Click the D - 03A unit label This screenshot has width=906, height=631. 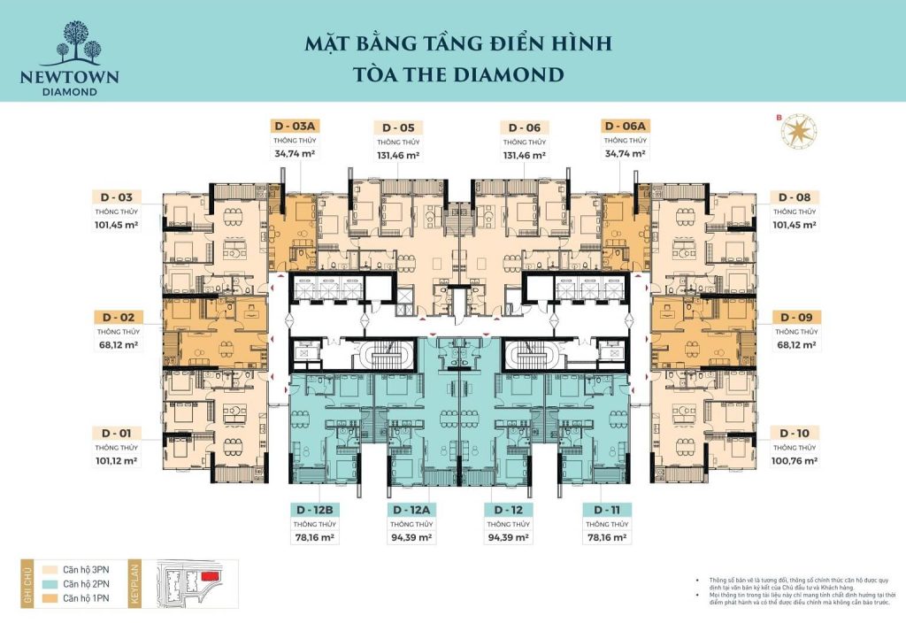click(x=295, y=127)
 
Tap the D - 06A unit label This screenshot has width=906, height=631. click(x=626, y=127)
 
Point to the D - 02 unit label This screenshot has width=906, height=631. click(x=118, y=317)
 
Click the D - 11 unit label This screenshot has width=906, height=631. click(x=606, y=510)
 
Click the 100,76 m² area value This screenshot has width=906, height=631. click(x=795, y=461)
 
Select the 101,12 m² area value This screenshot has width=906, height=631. click(x=118, y=461)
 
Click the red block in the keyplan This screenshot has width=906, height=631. click(x=211, y=576)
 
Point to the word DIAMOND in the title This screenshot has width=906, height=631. click(x=511, y=73)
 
